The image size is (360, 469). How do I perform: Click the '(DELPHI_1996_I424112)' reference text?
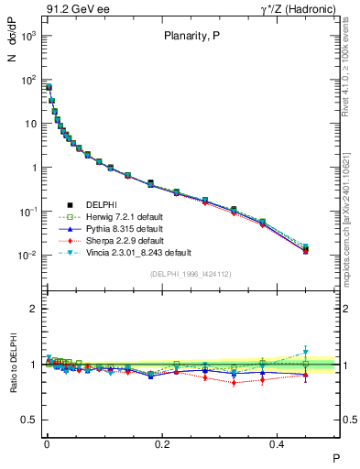191,273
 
